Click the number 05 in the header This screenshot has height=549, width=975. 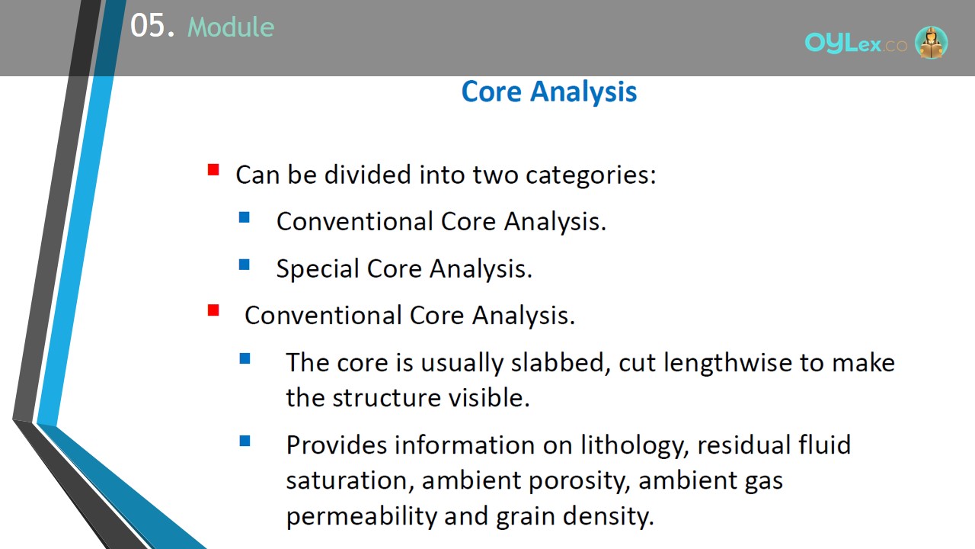[148, 25]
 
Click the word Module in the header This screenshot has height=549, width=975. [231, 27]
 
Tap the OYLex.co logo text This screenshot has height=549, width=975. [855, 43]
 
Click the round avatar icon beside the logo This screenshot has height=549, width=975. [931, 42]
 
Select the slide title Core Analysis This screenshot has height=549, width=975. [549, 92]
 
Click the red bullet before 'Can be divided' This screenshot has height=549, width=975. [213, 169]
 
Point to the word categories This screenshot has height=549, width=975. [590, 175]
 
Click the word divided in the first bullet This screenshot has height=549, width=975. [368, 175]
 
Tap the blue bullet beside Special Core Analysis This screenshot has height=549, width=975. [245, 265]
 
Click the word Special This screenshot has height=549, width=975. [318, 268]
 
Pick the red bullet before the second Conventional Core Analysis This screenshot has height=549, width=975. [213, 310]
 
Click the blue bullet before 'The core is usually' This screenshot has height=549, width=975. [245, 358]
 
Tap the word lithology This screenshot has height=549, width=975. [635, 446]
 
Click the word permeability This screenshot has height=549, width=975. [361, 517]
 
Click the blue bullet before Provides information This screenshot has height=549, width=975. [245, 441]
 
